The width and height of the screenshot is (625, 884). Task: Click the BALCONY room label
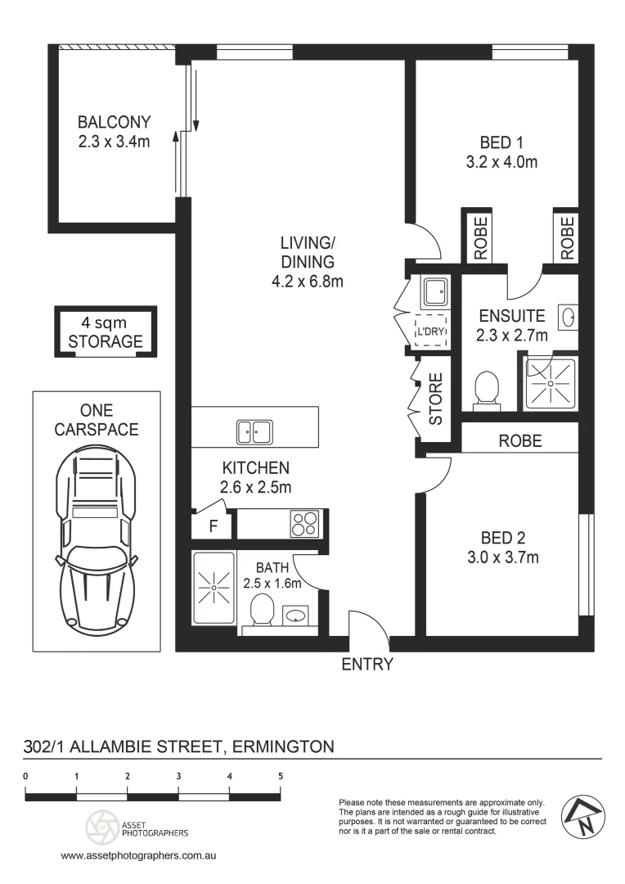(x=114, y=122)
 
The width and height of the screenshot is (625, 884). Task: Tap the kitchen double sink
(x=254, y=432)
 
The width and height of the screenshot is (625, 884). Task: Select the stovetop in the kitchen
(x=304, y=523)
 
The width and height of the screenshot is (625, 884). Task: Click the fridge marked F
(x=213, y=526)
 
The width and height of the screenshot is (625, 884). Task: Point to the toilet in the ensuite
(x=486, y=389)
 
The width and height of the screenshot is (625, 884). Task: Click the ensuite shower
(x=551, y=384)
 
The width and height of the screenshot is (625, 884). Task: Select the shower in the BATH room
(x=214, y=589)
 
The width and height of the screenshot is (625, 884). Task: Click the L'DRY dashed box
(x=431, y=331)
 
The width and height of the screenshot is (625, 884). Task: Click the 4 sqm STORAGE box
(x=106, y=332)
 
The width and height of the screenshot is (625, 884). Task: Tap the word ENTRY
(x=366, y=664)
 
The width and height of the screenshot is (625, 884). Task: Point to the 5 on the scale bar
(x=281, y=776)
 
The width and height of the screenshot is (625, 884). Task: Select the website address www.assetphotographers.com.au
(x=138, y=855)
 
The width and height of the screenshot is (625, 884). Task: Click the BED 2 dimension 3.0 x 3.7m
(x=503, y=557)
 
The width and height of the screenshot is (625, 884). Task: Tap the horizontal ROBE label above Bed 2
(x=520, y=441)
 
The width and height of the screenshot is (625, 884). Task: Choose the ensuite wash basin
(x=568, y=318)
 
